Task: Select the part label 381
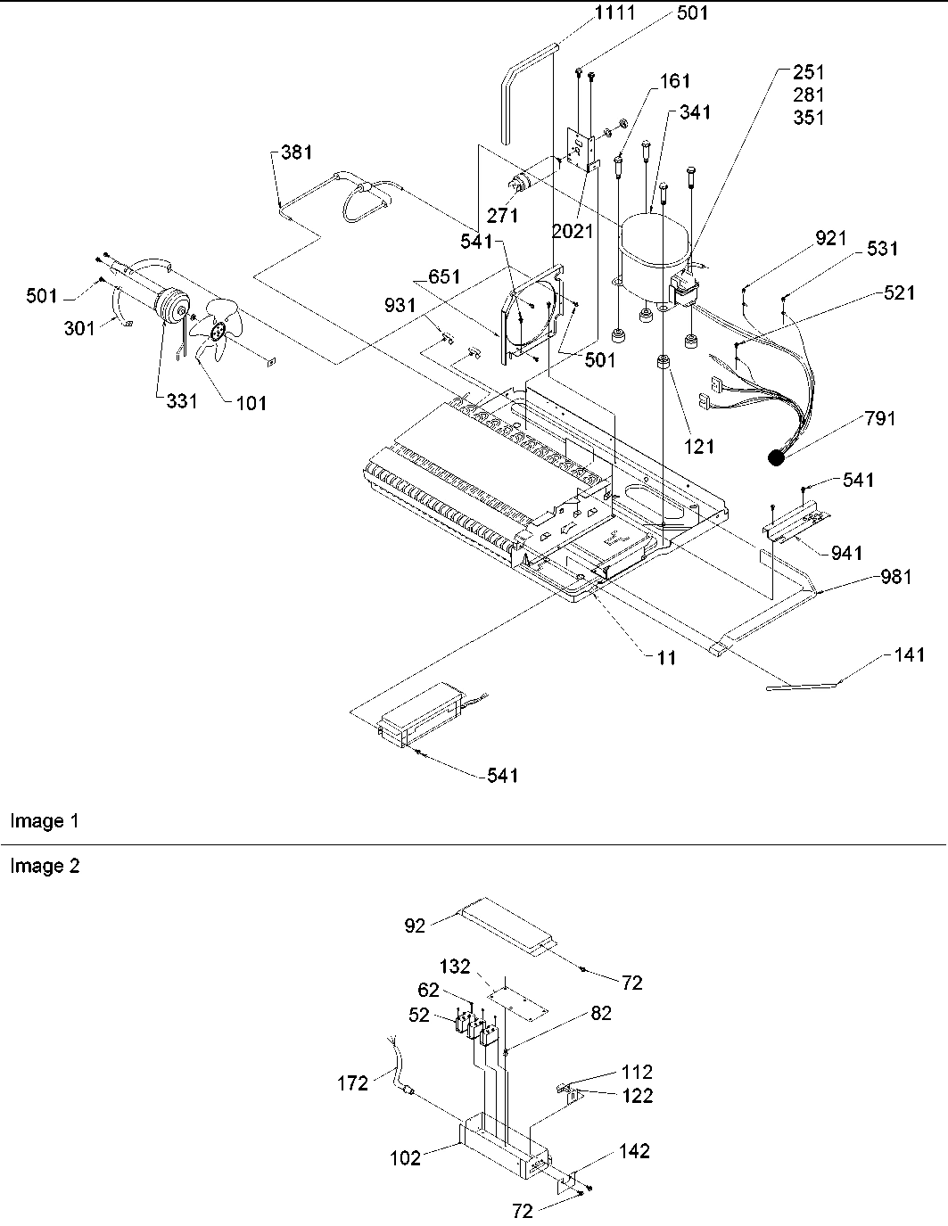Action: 296,152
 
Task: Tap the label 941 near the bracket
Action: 845,554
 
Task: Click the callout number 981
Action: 894,577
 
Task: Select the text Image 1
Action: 45,821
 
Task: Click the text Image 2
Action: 45,866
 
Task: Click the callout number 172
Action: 353,1083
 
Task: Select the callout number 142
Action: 634,1151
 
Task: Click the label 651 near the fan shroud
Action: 444,277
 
